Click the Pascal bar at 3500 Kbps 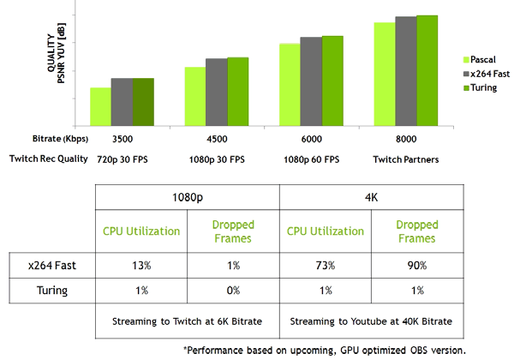click(x=100, y=106)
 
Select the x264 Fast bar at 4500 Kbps click(x=216, y=92)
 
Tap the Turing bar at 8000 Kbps click(x=427, y=69)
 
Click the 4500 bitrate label click(x=217, y=139)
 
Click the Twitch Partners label click(x=406, y=159)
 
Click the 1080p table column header click(x=187, y=197)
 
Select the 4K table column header click(x=372, y=197)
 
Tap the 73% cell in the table click(x=326, y=267)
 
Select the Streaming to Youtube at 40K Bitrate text click(x=372, y=321)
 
